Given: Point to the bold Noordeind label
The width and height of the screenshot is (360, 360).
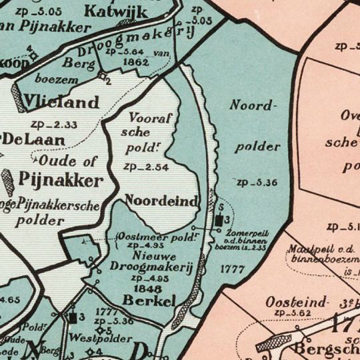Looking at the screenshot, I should pos(161,201).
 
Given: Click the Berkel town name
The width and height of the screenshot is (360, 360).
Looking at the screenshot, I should pos(149,301).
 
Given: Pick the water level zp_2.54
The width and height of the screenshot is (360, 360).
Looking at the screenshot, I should pos(147,167).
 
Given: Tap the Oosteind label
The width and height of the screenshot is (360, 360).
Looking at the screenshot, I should pos(297,302).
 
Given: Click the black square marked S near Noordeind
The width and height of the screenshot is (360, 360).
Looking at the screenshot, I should pos(219,220).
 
